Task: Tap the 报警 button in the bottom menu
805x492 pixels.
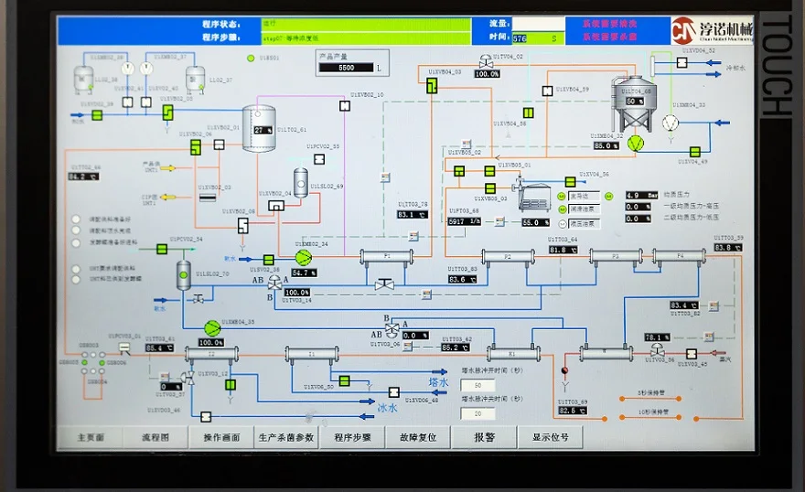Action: coord(484,437)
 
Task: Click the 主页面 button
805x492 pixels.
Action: coord(91,437)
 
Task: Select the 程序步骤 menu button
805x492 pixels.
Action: coord(352,437)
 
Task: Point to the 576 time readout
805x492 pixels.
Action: coord(521,38)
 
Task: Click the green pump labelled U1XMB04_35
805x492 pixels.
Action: coord(212,326)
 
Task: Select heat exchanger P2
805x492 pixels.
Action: coord(508,257)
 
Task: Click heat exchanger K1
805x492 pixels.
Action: coord(512,353)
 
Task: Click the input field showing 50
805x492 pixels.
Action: coord(478,385)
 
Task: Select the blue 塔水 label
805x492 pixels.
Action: coord(439,382)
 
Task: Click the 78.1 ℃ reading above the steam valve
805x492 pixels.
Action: coord(658,337)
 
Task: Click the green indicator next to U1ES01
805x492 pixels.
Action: coord(251,59)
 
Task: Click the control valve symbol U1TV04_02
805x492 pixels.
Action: coord(485,61)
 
